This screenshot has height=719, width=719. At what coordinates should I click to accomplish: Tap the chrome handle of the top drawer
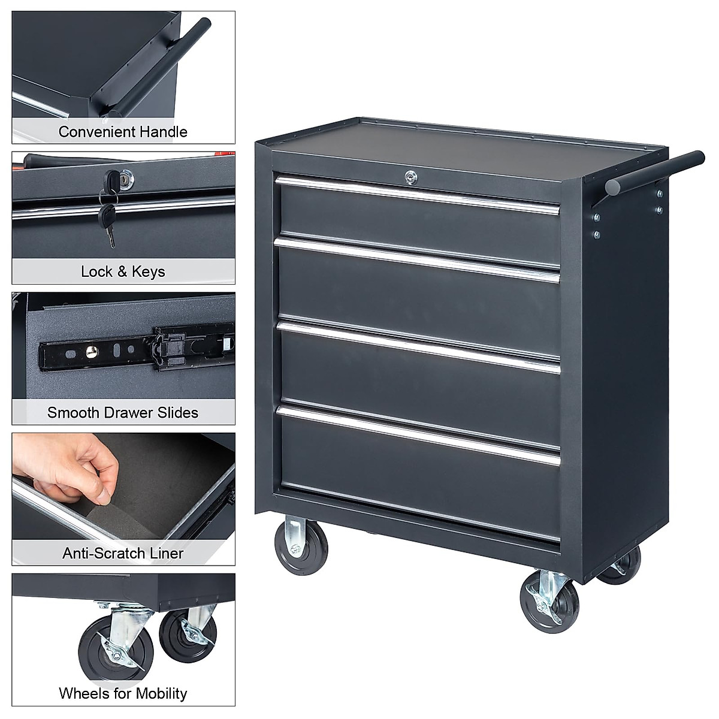tap(417, 193)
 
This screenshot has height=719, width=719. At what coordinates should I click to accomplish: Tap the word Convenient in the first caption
tap(96, 132)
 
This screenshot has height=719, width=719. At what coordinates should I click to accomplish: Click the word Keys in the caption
tap(148, 271)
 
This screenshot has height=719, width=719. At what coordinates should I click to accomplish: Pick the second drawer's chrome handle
tap(417, 259)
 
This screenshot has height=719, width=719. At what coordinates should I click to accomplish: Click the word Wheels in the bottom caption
tap(82, 693)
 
